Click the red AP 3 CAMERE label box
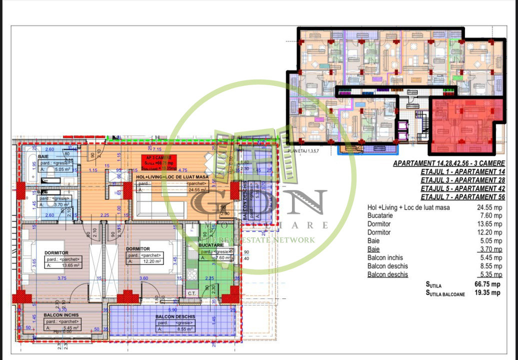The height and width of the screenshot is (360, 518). click(x=158, y=162)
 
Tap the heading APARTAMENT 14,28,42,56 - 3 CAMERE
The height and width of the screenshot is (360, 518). click(x=448, y=163)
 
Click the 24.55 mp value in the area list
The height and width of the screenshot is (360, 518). click(x=488, y=207)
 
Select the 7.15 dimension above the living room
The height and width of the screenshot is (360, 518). click(x=156, y=149)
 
